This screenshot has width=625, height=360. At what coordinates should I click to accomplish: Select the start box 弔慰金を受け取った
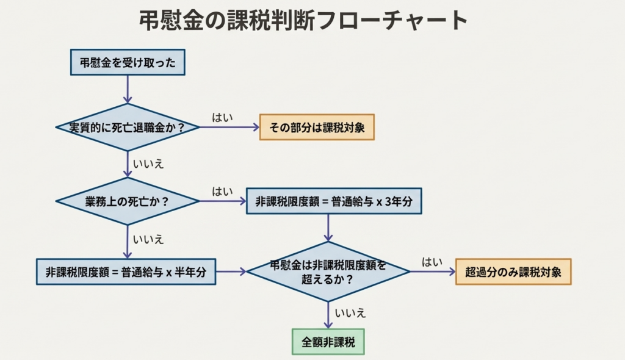pos(128,62)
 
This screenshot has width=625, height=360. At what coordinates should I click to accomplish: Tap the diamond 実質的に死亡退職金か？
pos(127,128)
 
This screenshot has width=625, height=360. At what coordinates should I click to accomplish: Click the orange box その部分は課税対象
pos(317,128)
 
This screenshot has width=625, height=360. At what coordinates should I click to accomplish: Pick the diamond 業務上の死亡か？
pos(128,201)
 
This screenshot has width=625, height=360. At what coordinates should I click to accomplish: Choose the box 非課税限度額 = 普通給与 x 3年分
pos(334,201)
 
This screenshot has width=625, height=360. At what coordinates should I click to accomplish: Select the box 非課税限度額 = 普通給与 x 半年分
pos(126,272)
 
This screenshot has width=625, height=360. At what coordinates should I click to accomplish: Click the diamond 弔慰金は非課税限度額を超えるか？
pos(328,272)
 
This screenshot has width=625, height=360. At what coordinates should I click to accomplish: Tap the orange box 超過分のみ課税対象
pos(513,272)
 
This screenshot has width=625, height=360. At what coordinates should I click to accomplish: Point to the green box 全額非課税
pos(328,342)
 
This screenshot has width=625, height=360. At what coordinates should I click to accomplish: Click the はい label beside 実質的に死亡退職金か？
pos(222,117)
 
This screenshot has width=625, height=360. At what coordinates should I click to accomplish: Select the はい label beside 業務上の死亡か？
pos(222,191)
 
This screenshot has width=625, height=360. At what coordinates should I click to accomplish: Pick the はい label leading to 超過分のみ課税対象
pos(432,262)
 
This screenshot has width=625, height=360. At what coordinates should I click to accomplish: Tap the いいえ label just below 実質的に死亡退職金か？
pos(148,164)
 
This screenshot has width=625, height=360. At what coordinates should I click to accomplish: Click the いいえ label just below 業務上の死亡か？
pos(148,239)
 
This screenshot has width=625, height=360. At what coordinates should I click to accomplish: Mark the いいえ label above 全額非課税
pos(350,314)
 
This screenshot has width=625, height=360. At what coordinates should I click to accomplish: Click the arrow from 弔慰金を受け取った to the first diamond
pos(128,89)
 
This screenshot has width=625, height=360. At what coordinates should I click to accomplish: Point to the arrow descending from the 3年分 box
pos(328,228)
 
